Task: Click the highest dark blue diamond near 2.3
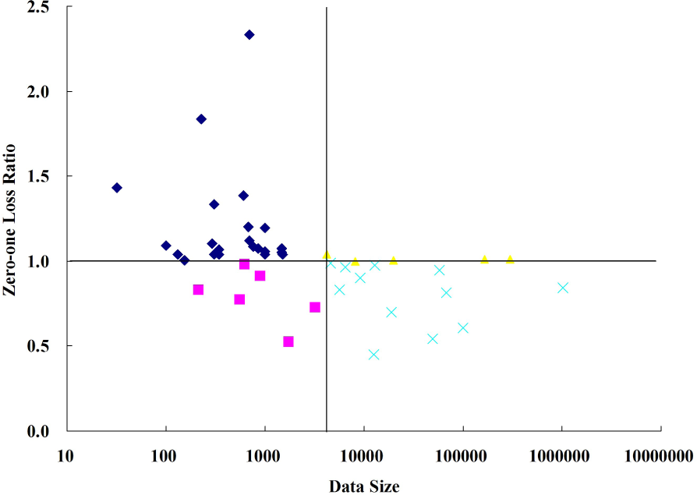point(249,34)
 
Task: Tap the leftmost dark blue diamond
point(117,188)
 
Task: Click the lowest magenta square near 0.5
point(288,341)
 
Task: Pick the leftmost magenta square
point(198,290)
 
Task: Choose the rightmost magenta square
point(315,307)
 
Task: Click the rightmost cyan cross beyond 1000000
point(563,288)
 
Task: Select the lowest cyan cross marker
point(373,355)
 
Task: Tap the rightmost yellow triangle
point(510,259)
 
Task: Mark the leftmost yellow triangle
point(327,254)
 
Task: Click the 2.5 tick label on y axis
point(54,7)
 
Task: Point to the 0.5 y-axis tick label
point(54,346)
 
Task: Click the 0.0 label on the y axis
point(54,431)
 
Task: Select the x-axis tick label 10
point(65,455)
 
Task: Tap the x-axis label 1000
point(264,455)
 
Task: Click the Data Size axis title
point(364,486)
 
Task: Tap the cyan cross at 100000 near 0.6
point(463,328)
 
